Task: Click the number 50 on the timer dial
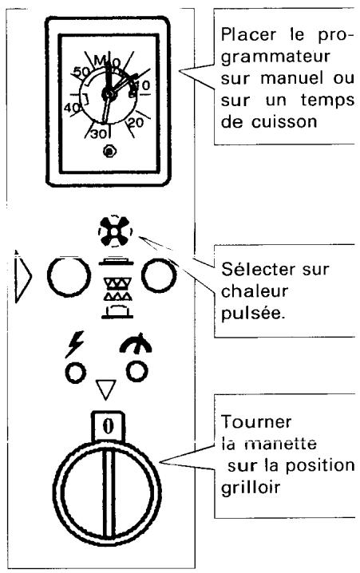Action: [80, 73]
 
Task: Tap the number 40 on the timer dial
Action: [73, 107]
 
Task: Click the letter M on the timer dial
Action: [100, 60]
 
